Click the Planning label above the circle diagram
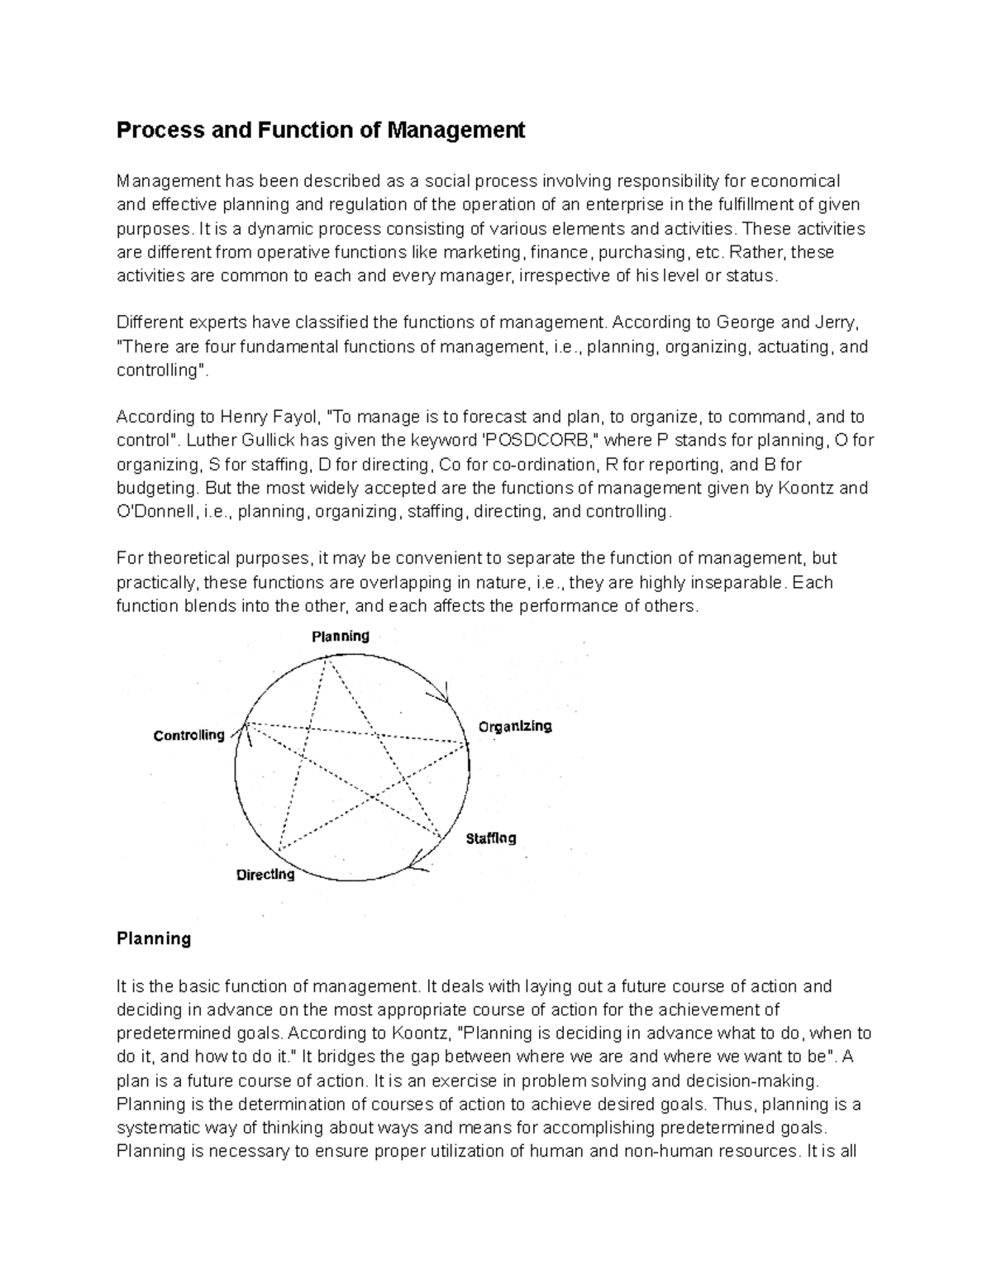[x=340, y=636]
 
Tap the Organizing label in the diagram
[x=514, y=726]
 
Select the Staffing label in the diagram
[x=490, y=838]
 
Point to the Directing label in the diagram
[x=265, y=874]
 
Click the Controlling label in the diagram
[x=189, y=735]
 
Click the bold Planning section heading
[x=154, y=938]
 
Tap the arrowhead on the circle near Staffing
[x=418, y=865]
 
